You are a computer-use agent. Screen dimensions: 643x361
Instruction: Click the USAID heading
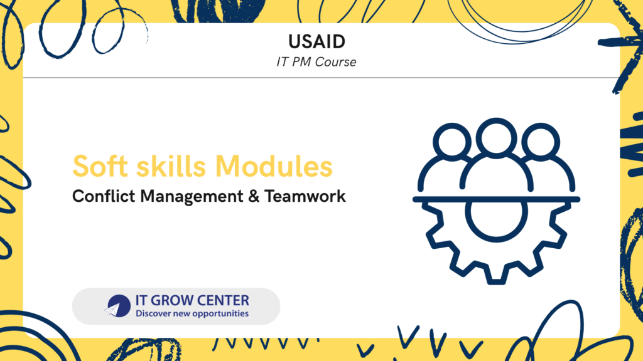tap(316, 42)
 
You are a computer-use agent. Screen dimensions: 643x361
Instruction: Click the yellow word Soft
tap(102, 166)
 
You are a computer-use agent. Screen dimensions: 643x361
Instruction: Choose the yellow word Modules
tap(274, 166)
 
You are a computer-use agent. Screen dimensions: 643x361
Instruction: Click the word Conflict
tap(104, 196)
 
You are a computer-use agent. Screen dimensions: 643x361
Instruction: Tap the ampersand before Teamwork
tap(254, 196)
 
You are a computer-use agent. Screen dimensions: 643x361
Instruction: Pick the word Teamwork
tap(305, 196)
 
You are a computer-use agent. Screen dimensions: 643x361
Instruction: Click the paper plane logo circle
tap(118, 306)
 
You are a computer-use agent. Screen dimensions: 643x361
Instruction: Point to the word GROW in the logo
tap(168, 300)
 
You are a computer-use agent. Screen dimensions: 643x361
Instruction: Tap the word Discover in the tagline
tap(149, 313)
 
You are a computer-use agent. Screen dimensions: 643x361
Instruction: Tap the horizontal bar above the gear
tap(496, 199)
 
